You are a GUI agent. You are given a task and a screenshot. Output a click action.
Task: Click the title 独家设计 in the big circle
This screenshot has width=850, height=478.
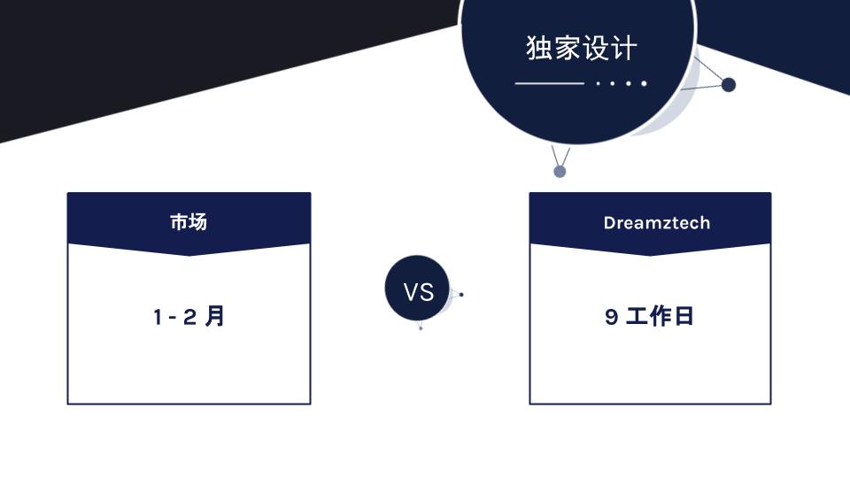point(581,48)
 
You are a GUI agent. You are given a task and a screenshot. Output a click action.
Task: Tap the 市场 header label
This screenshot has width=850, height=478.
point(189,221)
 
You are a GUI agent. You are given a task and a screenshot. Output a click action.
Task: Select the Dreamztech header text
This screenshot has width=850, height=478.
point(656,223)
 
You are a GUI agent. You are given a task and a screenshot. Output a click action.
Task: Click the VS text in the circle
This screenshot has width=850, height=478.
point(419,293)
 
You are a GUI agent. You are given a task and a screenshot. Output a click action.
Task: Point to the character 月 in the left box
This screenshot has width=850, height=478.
point(214,316)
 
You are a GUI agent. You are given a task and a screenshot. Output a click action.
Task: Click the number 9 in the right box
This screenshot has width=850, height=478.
point(611,317)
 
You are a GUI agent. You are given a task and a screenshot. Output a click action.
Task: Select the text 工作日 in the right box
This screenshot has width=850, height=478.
point(660,316)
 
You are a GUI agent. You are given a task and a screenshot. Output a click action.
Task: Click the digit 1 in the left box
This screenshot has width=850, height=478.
point(158,317)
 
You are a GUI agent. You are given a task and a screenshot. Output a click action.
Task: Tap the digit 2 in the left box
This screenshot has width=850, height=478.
point(189,317)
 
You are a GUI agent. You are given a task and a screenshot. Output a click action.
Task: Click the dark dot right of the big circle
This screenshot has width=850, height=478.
point(729,85)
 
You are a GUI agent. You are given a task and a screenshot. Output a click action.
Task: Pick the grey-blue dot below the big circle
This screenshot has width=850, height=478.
point(560,172)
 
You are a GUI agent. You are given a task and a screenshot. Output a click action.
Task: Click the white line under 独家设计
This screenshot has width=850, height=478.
point(549,83)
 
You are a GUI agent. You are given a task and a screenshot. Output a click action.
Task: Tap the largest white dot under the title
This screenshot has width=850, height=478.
point(644,83)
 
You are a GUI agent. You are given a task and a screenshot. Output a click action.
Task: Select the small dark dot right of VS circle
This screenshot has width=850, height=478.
point(461,295)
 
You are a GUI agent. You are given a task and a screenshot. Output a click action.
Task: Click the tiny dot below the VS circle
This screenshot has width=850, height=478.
point(420,328)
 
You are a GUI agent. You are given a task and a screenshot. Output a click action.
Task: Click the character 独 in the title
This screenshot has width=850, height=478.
point(539,48)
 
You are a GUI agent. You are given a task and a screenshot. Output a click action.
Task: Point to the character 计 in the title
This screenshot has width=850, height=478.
point(624,48)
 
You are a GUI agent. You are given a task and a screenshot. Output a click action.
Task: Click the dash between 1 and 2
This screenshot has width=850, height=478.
point(173,318)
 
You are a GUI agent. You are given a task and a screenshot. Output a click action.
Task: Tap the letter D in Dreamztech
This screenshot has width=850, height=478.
point(609,223)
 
